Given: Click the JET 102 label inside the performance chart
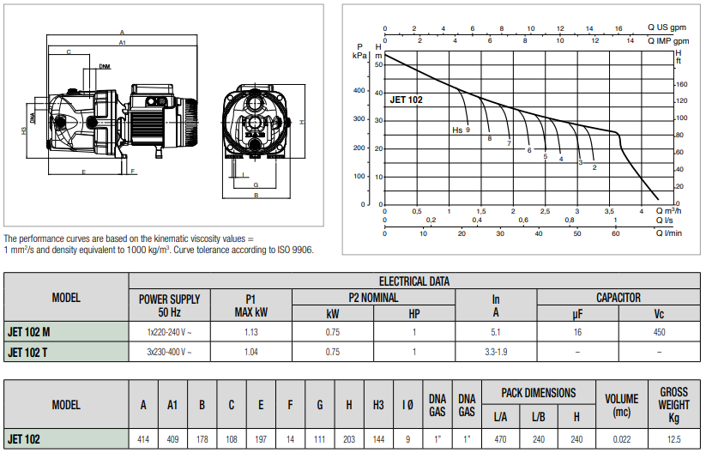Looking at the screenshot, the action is pos(406,100).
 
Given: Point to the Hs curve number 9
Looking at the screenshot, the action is pos(468,130).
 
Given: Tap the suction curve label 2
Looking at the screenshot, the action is pos(594,167).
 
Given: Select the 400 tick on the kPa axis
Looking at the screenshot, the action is pos(359,90).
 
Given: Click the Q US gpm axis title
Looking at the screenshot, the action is pos(667,27).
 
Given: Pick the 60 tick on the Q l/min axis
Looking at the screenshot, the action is pos(616,233).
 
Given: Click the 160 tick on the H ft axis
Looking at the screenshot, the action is pos(682,84).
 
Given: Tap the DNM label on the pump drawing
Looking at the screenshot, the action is pos(105,67).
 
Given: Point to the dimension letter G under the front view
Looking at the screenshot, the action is pos(256,185).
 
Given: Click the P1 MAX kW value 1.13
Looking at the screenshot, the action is pos(250,332).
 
